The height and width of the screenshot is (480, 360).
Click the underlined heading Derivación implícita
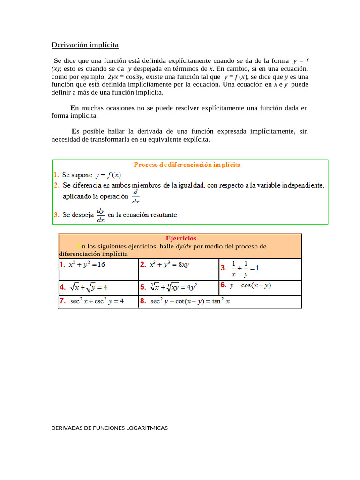[x=85, y=45]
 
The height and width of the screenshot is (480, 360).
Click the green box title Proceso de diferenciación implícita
[x=187, y=165]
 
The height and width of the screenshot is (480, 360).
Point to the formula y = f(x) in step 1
[x=108, y=175]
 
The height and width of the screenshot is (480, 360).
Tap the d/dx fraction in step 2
[x=135, y=197]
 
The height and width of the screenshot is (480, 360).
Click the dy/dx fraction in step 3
[x=100, y=215]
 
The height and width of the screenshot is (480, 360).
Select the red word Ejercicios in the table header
[x=181, y=238]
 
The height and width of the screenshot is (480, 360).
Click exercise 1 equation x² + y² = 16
[x=87, y=264]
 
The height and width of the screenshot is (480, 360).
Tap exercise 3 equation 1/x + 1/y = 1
[x=245, y=269]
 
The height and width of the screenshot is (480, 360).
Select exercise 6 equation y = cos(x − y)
[x=250, y=285]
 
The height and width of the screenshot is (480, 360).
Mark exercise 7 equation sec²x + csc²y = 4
[x=97, y=301]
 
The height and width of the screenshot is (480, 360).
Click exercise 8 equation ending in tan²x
[x=190, y=301]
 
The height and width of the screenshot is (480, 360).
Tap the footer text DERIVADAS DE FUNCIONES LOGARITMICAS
[x=109, y=427]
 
